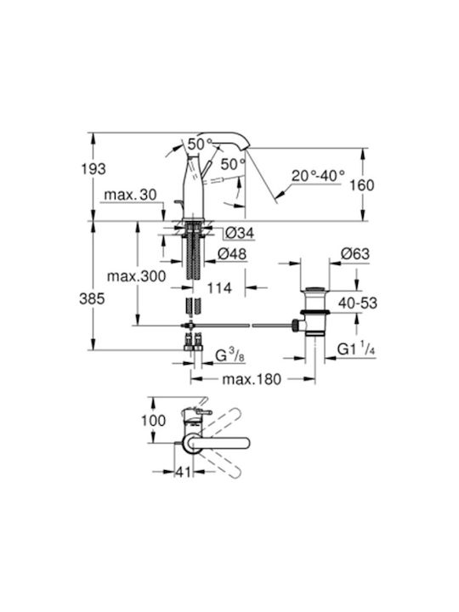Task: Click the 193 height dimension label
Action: point(93,168)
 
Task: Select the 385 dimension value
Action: point(92,298)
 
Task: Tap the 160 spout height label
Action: point(362,185)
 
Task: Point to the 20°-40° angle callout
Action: point(318,176)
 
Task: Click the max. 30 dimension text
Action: point(130,195)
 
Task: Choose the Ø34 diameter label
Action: point(240,233)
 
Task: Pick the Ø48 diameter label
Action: point(232,254)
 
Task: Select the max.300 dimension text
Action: point(137,276)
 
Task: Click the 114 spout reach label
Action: point(219,288)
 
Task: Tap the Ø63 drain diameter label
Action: point(355,253)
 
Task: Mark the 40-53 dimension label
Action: point(358,303)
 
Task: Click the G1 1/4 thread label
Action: point(356,348)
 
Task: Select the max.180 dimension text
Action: point(252,379)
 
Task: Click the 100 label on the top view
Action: point(153,421)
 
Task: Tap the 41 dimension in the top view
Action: point(183,472)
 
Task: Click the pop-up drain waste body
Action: point(314,311)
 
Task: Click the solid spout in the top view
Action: point(218,444)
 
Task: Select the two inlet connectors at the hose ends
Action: point(194,343)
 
